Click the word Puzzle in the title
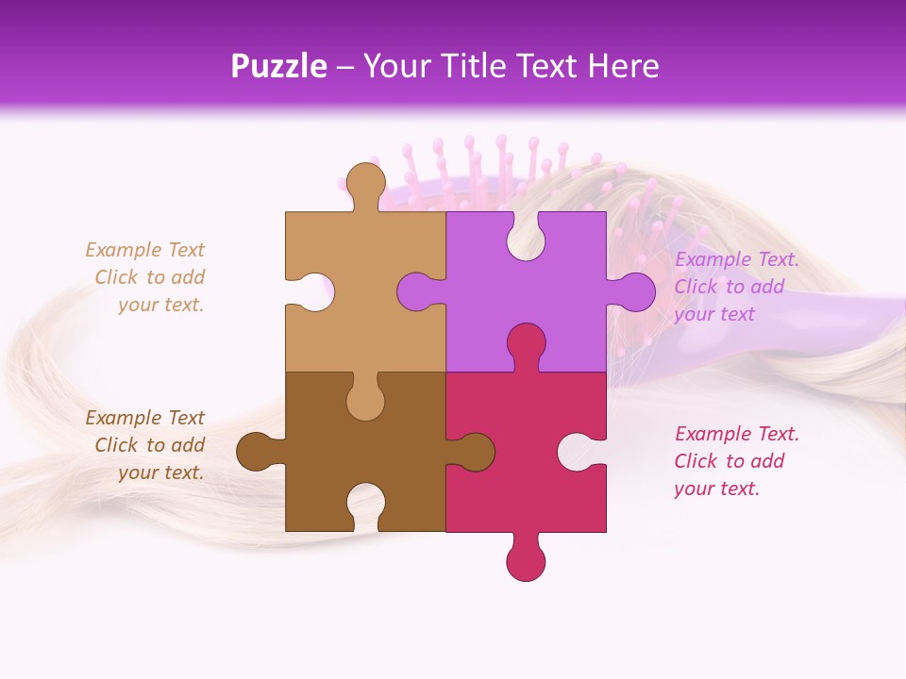pos(279,67)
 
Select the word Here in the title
pos(624,67)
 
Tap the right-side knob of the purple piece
pos(633,291)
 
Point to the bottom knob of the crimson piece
pos(526,559)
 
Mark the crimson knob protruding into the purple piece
pos(526,344)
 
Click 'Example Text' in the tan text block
pos(144,250)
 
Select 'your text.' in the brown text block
pos(160,472)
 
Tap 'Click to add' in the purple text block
pos(729,287)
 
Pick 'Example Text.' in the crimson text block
pos(736,434)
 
